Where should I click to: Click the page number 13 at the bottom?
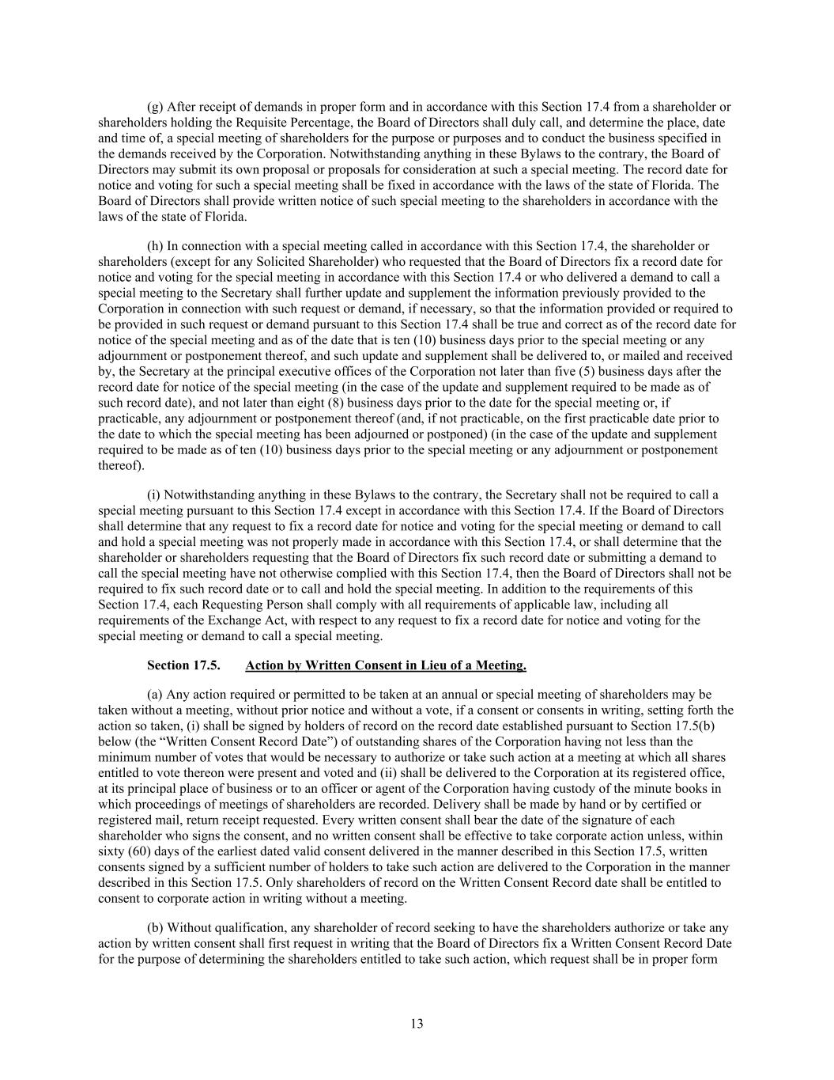click(x=417, y=1024)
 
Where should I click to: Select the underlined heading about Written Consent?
click(x=386, y=665)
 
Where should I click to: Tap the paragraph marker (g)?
click(x=155, y=107)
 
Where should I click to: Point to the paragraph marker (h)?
click(x=155, y=246)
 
